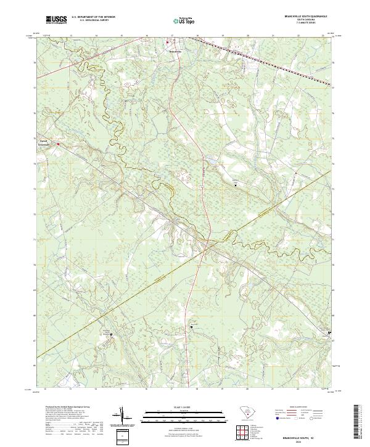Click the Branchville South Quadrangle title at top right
(302, 16)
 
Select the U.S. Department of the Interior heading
(94, 17)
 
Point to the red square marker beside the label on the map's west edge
(59, 145)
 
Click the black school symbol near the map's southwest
(112, 335)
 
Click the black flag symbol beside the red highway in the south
(192, 327)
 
